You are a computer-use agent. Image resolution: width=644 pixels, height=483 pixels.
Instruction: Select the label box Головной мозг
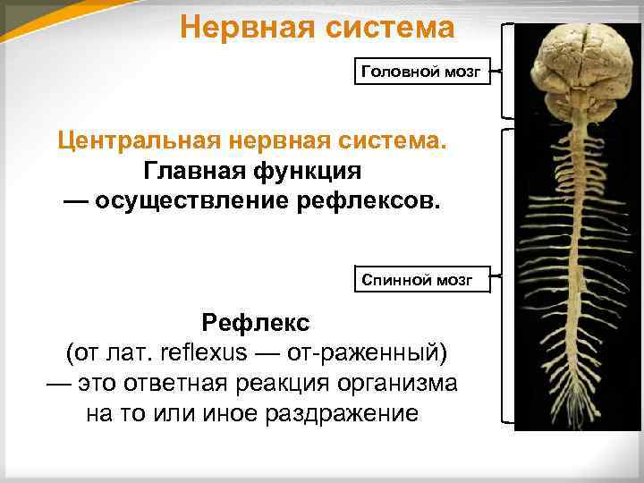tap(425, 71)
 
